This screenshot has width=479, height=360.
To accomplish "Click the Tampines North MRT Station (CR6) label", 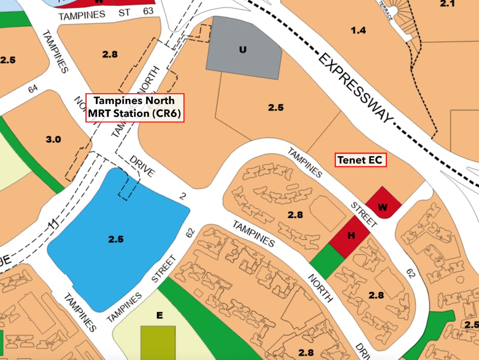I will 135,107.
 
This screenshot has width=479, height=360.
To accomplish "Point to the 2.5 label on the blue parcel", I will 116,239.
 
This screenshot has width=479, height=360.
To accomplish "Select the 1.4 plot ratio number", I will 358,30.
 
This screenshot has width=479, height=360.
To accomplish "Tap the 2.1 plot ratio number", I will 447,4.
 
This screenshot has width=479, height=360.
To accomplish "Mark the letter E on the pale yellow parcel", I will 160,316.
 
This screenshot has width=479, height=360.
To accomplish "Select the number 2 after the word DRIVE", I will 182,196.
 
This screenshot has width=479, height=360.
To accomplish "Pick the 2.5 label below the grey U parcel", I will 275,107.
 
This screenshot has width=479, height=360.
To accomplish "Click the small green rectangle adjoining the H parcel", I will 327,261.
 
